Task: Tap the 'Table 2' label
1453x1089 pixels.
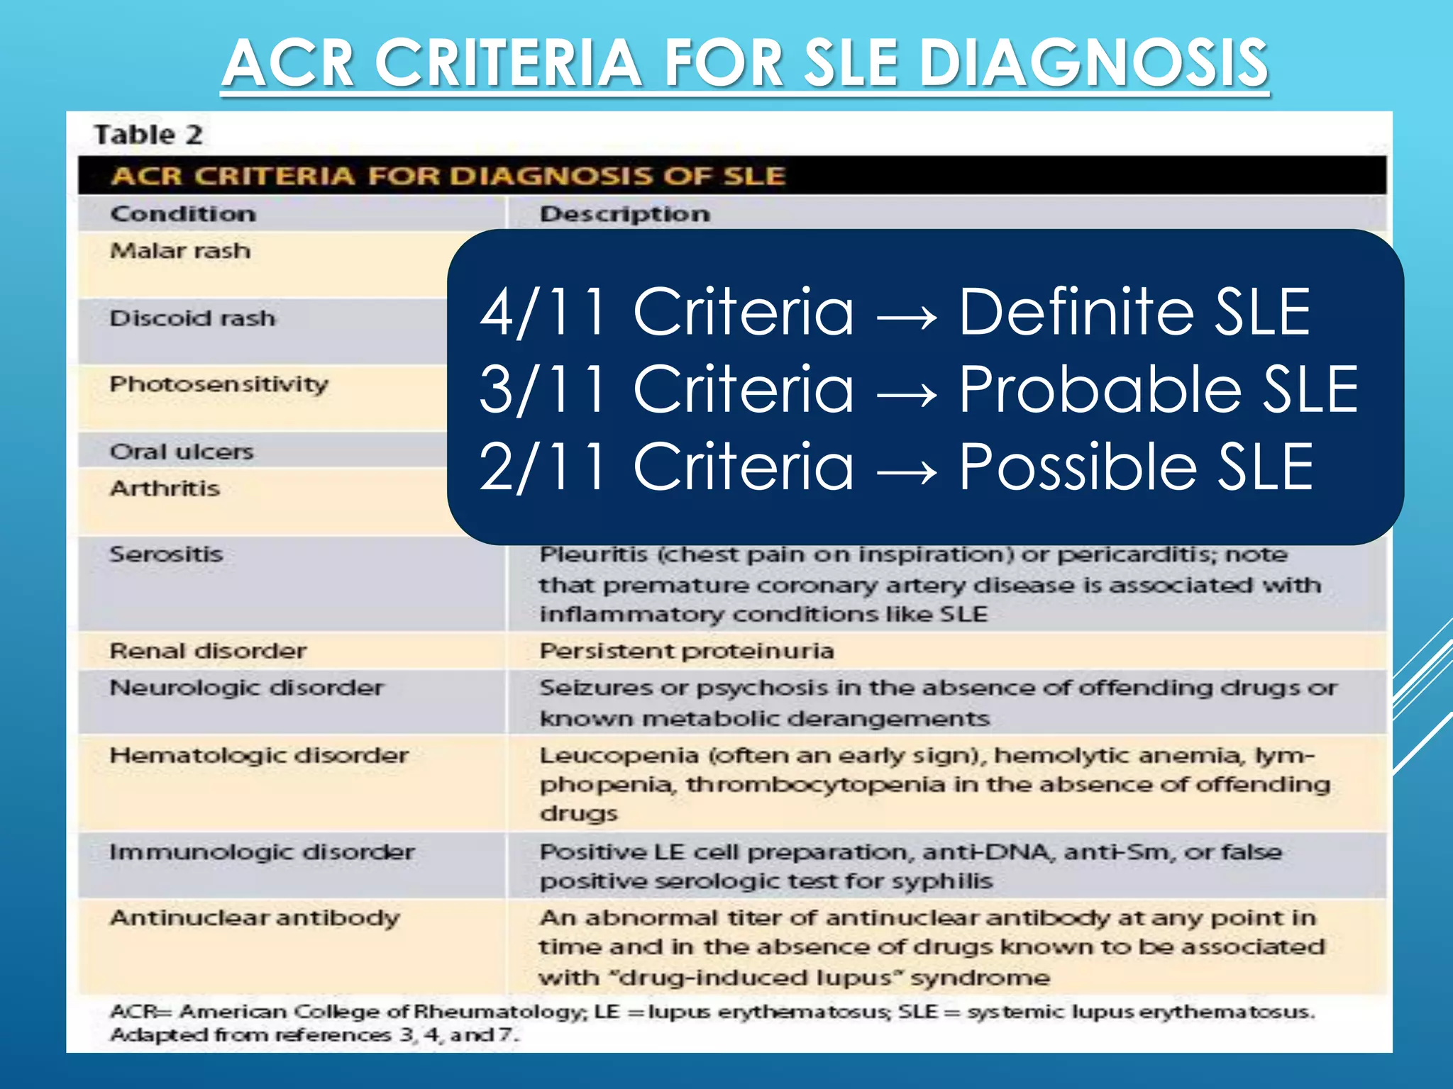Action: coord(148,135)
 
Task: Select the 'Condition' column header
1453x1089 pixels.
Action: coord(183,214)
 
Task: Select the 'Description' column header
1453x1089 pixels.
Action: coord(624,214)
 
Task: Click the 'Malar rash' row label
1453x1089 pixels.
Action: coord(180,251)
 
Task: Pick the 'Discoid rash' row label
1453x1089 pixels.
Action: coord(192,318)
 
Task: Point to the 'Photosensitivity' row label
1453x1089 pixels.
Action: coord(219,385)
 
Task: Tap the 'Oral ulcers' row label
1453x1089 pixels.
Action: coord(182,452)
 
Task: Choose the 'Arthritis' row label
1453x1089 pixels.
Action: coord(165,488)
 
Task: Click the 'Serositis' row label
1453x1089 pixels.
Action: coord(166,554)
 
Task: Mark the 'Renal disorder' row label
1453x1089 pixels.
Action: coord(208,651)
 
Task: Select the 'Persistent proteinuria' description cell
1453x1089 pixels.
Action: coord(686,651)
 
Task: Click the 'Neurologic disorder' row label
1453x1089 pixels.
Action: coord(246,688)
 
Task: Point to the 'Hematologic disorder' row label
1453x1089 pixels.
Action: coord(259,756)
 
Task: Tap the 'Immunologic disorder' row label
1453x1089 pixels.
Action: coord(262,852)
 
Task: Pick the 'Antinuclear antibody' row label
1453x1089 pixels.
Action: coord(255,918)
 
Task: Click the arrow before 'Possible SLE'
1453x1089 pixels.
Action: coord(906,468)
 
